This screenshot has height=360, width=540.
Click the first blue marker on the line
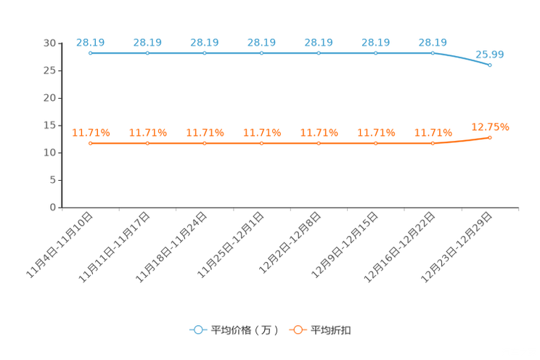click(90, 53)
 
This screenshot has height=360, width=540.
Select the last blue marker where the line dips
click(491, 65)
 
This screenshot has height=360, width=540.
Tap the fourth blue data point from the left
click(262, 53)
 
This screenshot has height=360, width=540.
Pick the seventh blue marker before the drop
click(433, 53)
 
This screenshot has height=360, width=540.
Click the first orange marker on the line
click(90, 144)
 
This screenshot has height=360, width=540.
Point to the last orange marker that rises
click(491, 137)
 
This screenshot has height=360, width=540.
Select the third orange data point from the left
click(205, 144)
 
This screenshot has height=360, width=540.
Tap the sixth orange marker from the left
click(375, 144)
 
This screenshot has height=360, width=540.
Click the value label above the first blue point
click(90, 42)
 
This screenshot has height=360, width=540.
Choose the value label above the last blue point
click(490, 54)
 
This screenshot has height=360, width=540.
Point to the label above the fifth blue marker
click(319, 42)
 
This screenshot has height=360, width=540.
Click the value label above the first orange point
click(91, 133)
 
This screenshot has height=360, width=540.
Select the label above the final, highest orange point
click(491, 127)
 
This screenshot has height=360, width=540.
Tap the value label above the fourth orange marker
click(262, 133)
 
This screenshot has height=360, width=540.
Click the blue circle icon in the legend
click(198, 330)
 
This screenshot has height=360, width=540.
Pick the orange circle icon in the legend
click(297, 330)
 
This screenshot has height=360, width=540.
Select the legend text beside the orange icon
click(332, 330)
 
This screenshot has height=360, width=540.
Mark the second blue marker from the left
click(147, 53)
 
